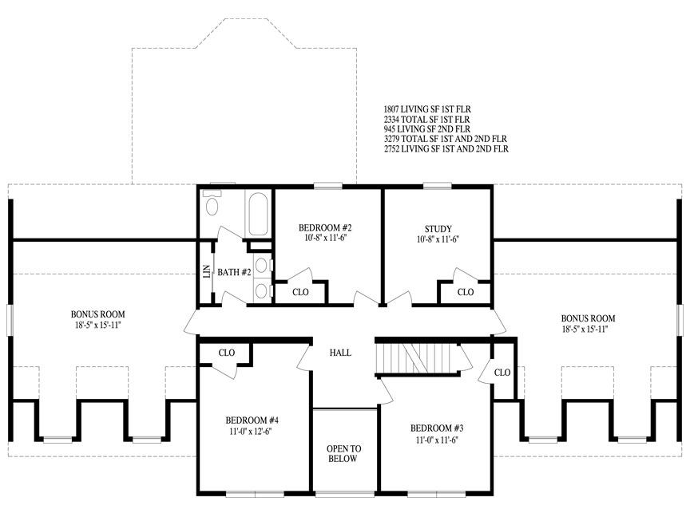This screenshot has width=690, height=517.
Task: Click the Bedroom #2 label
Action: (x=325, y=227)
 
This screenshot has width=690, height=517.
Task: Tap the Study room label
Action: (x=438, y=229)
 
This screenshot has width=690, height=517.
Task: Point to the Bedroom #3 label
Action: (x=437, y=428)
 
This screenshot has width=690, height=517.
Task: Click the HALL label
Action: (x=340, y=353)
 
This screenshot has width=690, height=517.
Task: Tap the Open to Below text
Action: (x=343, y=454)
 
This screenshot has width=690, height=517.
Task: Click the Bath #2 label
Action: (x=234, y=273)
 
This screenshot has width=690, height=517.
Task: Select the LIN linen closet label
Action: (x=206, y=271)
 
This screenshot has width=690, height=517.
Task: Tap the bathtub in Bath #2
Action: (x=258, y=214)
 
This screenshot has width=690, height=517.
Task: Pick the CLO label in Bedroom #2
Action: (x=300, y=292)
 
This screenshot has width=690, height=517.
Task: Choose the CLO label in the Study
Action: (x=465, y=292)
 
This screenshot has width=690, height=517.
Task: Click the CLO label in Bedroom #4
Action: (x=227, y=353)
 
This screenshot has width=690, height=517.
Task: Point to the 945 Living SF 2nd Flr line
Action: (x=427, y=129)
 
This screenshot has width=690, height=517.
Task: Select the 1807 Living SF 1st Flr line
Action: (x=427, y=109)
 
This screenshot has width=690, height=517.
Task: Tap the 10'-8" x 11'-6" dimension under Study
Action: (x=438, y=239)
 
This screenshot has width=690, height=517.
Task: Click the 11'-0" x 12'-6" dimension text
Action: (x=251, y=432)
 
